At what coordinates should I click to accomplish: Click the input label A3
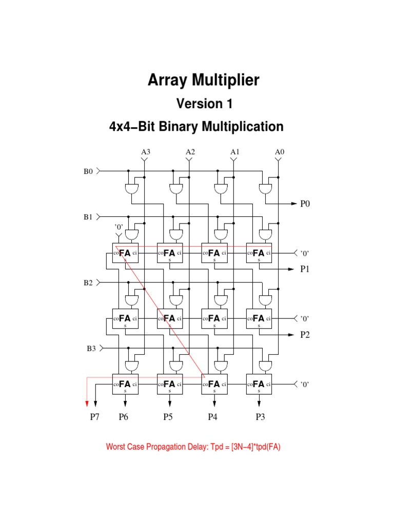pyautogui.click(x=146, y=152)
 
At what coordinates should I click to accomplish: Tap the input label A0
pyautogui.click(x=280, y=152)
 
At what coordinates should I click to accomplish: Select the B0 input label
pyautogui.click(x=89, y=172)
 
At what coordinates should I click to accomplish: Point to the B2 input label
pyautogui.click(x=89, y=282)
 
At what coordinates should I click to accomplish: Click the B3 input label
pyautogui.click(x=91, y=348)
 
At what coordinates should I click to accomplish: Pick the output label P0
pyautogui.click(x=306, y=204)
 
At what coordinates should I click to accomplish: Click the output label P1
pyautogui.click(x=306, y=269)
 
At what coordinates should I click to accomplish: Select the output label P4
pyautogui.click(x=212, y=417)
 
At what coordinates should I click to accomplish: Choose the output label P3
pyautogui.click(x=260, y=417)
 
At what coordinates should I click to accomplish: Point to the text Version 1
pyautogui.click(x=205, y=104)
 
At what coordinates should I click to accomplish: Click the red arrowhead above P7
pyautogui.click(x=87, y=402)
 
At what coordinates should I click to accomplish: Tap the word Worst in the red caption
pyautogui.click(x=116, y=447)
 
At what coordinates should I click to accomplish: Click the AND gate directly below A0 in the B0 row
pyautogui.click(x=265, y=189)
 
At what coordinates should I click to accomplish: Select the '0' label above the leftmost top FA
pyautogui.click(x=119, y=226)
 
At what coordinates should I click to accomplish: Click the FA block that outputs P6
pyautogui.click(x=125, y=384)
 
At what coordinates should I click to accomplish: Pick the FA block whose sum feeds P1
pyautogui.click(x=259, y=253)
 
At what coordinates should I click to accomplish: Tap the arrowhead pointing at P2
pyautogui.click(x=294, y=334)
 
